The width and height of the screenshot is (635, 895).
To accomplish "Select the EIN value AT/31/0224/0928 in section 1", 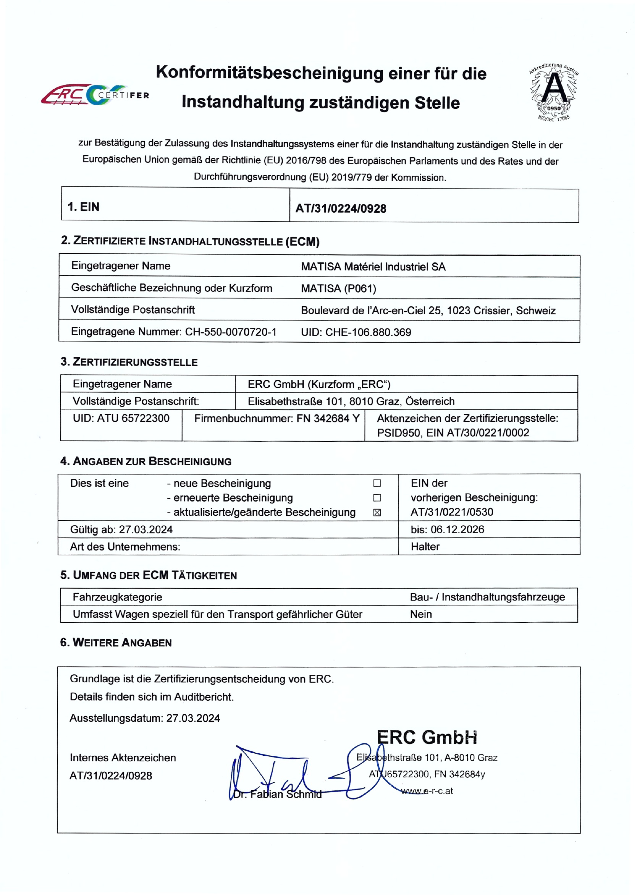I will [x=341, y=208].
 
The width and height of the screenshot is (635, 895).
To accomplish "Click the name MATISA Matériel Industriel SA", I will [x=373, y=267].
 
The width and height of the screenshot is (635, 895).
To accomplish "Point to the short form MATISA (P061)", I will [x=338, y=289].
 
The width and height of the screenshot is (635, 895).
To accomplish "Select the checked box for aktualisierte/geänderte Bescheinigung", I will [x=377, y=513].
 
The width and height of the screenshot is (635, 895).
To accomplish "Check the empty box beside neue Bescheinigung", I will [x=377, y=483].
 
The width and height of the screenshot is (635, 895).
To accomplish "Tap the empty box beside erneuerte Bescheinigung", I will [x=377, y=498].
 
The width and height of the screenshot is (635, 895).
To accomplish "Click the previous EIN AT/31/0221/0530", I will [x=452, y=512].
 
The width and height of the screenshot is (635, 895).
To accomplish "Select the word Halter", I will [x=425, y=547].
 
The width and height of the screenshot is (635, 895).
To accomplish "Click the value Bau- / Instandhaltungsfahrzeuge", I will [x=487, y=597].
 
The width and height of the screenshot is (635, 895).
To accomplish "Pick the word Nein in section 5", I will [x=421, y=614].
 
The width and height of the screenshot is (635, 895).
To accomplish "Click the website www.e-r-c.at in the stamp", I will [x=427, y=791].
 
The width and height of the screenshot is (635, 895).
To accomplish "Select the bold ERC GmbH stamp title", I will [x=427, y=737].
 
